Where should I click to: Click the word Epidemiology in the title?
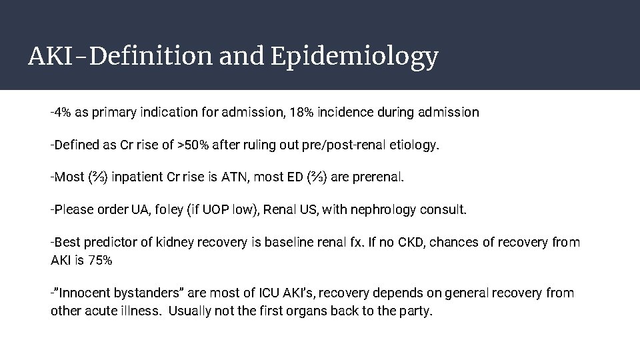coord(355,58)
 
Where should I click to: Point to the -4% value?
coord(61,112)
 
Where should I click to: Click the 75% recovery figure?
coord(99,259)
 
